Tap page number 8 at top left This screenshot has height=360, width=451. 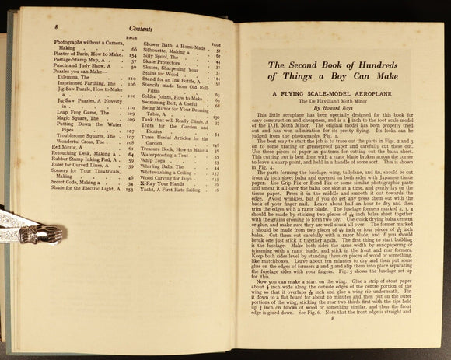57,26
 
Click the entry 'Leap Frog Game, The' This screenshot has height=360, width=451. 78,112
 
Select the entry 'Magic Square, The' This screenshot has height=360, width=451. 74,119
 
